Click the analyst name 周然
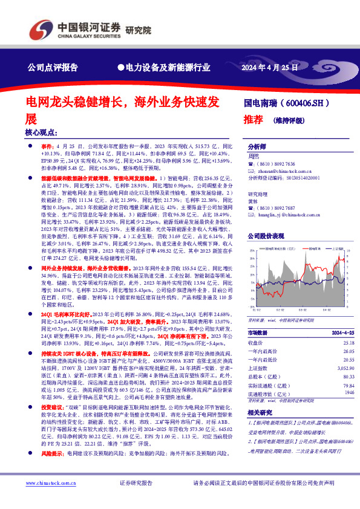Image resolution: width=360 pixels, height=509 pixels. [x=254, y=156]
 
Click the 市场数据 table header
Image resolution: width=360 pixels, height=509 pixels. [x=260, y=333]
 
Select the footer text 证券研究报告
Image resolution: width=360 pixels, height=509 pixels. [x=136, y=483]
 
